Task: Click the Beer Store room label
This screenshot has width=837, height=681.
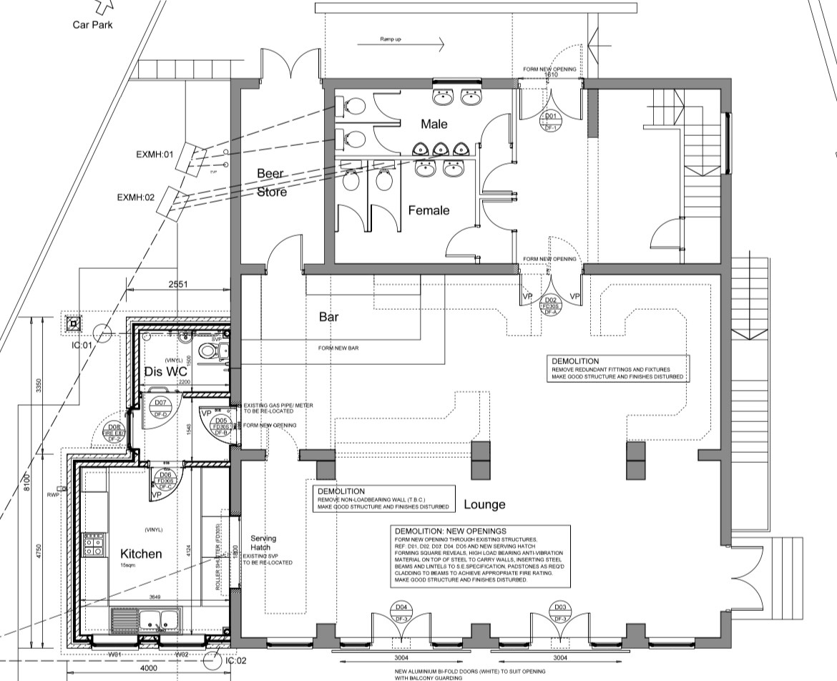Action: click(271, 183)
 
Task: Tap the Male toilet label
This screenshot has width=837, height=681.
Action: click(434, 124)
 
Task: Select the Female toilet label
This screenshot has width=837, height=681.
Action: click(429, 210)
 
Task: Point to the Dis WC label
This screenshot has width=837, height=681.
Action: click(166, 372)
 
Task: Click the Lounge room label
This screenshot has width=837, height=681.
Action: click(484, 504)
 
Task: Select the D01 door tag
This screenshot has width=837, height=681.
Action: click(551, 121)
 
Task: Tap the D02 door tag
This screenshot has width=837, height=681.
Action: click(551, 305)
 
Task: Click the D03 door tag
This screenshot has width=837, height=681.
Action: click(560, 612)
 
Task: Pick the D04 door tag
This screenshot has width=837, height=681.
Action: click(401, 612)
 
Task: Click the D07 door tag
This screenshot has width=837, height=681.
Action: click(160, 408)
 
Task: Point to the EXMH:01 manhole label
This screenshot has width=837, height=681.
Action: click(155, 154)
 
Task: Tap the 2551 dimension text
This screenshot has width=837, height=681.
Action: click(179, 284)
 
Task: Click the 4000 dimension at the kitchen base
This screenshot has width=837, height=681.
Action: click(148, 668)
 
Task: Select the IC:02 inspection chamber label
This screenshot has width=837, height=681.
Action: click(237, 661)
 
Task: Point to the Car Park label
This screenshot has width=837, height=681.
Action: click(92, 25)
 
